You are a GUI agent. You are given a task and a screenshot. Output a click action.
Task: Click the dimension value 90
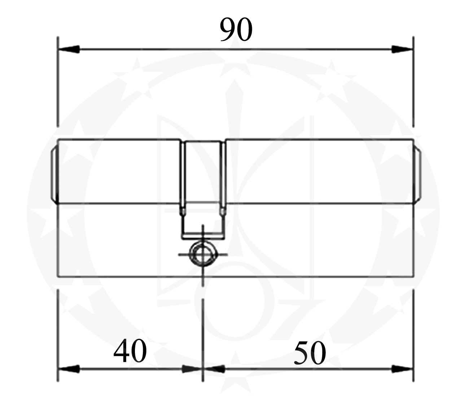(x=236, y=30)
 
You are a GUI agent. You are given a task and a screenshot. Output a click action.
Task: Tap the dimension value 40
(x=130, y=351)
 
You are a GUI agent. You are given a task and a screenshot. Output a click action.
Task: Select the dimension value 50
(x=310, y=353)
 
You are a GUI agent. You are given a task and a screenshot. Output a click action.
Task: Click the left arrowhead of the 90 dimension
(x=69, y=49)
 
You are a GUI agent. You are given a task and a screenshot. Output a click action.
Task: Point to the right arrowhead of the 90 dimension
(x=402, y=49)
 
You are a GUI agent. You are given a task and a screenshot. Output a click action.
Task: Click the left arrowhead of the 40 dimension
(x=69, y=369)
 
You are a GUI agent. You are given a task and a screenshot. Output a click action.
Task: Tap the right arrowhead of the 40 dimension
(x=192, y=369)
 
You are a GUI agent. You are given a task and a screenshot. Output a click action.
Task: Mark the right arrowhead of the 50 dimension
(x=402, y=369)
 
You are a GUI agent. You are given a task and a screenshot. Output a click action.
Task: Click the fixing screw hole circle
(x=203, y=254)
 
